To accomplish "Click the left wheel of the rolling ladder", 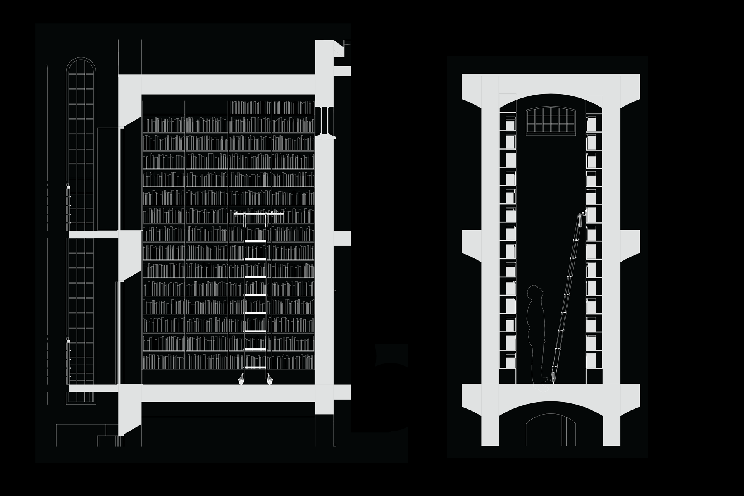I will [241, 382].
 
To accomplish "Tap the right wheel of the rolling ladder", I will [269, 382].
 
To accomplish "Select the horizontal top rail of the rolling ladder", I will [259, 214].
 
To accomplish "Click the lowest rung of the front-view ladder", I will [255, 367].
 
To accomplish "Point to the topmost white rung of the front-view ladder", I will [255, 241].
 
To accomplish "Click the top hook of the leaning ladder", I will [582, 214].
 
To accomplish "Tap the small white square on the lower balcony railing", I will [68, 341].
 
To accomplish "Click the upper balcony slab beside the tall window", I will [93, 234].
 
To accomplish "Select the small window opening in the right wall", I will [324, 120].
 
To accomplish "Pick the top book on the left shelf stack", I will [511, 124].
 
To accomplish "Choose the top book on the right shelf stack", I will [591, 124].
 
